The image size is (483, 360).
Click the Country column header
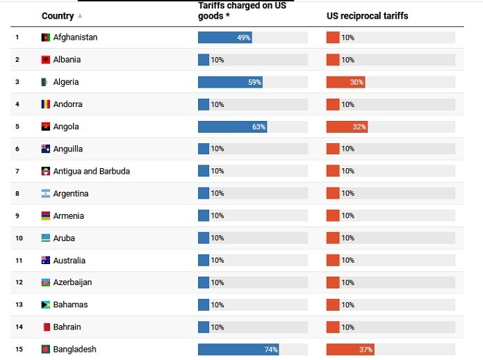click(58, 16)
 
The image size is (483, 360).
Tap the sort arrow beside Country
click(80, 16)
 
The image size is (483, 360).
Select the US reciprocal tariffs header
click(367, 16)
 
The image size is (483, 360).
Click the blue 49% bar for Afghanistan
click(224, 38)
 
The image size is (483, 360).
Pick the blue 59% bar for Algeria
click(230, 82)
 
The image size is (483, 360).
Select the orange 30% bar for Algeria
click(345, 82)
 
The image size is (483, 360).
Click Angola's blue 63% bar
click(232, 126)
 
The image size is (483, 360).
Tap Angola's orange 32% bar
click(347, 126)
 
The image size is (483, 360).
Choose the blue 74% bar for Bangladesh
click(238, 350)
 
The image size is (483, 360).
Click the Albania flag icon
click(46, 60)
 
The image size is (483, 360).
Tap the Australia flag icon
click(46, 261)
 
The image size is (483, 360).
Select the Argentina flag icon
click(46, 194)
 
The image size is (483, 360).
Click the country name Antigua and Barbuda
click(91, 171)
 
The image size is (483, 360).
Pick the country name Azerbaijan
click(72, 283)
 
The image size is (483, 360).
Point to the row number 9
click(17, 216)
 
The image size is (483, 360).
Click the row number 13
click(19, 305)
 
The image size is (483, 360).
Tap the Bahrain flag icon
click(46, 327)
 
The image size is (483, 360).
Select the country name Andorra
click(67, 104)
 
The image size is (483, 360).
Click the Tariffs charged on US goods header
click(242, 10)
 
